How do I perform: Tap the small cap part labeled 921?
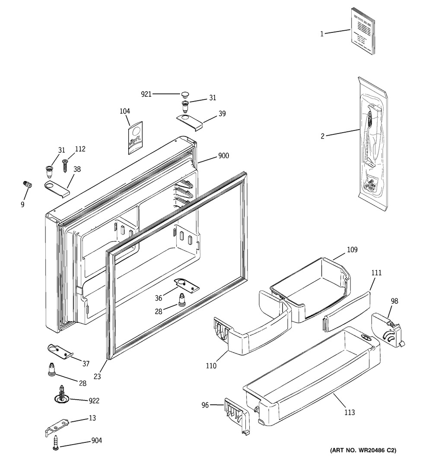click(186, 93)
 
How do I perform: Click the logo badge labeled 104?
click(135, 137)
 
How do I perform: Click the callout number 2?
click(322, 136)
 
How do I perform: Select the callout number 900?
click(223, 156)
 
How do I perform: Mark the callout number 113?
click(350, 413)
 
